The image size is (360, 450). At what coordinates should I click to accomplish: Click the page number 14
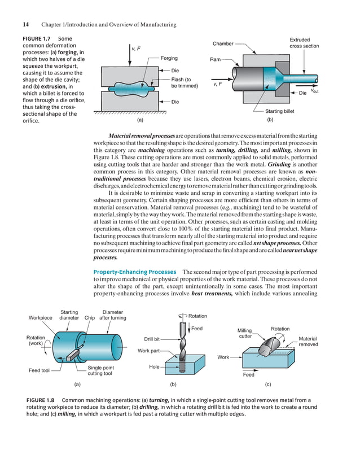[x=26, y=24]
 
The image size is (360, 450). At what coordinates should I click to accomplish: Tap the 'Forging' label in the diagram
[x=169, y=58]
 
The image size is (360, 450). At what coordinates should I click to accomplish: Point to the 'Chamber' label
[x=223, y=44]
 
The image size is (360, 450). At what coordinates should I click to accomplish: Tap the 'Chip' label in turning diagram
[x=89, y=317]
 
